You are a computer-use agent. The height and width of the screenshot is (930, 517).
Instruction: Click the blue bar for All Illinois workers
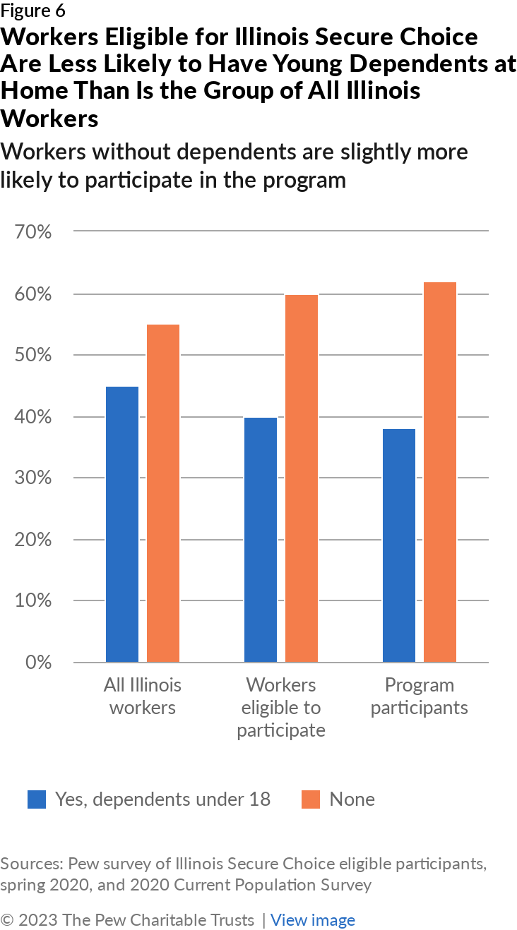click(122, 524)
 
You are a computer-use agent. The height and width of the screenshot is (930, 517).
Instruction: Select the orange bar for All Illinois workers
click(163, 493)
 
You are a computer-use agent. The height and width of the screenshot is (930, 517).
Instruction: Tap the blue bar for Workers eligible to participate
click(261, 540)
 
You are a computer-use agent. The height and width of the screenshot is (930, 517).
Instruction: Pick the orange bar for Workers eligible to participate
click(302, 478)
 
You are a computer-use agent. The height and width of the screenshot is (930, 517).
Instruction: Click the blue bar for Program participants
click(399, 545)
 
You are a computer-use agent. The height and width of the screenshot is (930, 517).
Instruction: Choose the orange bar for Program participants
click(440, 472)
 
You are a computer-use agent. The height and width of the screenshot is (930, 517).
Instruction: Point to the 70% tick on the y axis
click(32, 231)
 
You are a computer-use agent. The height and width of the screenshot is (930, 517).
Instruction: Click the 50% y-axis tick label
click(32, 355)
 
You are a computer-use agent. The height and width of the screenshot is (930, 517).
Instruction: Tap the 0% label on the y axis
click(37, 663)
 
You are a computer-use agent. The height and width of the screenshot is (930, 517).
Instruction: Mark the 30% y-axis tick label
click(32, 478)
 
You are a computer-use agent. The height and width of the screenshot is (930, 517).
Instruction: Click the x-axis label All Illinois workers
click(143, 696)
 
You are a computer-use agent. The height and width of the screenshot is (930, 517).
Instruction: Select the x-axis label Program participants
click(420, 696)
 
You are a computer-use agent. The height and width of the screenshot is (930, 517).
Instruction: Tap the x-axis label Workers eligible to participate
click(281, 707)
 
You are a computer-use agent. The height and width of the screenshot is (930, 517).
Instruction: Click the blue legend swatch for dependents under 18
click(37, 799)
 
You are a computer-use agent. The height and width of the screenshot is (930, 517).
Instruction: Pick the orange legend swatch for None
click(311, 799)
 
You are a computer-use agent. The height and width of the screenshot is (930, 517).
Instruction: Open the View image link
click(313, 920)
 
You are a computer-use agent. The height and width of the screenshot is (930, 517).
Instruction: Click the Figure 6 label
click(33, 11)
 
